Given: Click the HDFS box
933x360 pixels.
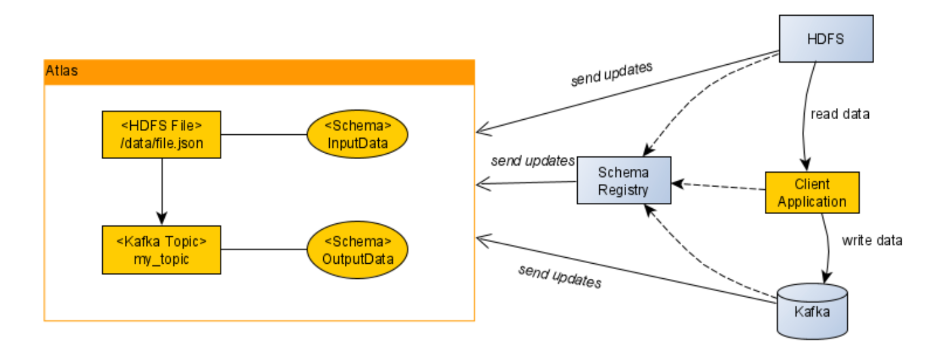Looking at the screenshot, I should [826, 39].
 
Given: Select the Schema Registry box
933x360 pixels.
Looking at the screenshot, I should [624, 181].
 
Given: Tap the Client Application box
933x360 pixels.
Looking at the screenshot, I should [812, 192].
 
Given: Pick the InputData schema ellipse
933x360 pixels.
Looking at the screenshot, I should [357, 135].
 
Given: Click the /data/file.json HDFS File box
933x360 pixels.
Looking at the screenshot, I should [162, 134].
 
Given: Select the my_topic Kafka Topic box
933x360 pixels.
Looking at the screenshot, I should [162, 249].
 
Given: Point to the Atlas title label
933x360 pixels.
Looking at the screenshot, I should [62, 71].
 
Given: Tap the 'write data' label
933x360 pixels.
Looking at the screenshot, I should [872, 240].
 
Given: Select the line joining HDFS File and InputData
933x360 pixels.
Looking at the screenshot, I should [264, 135].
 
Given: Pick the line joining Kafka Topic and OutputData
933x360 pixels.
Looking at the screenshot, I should [264, 249].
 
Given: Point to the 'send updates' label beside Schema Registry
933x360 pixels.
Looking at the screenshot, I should [533, 160].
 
